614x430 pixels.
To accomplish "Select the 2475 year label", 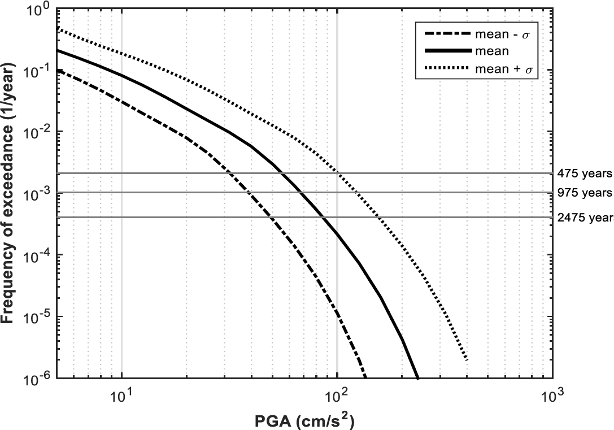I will (x=585, y=217).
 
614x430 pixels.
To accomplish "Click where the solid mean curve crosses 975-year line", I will (x=302, y=193).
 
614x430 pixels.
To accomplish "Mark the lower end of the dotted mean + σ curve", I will (x=467, y=359).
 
